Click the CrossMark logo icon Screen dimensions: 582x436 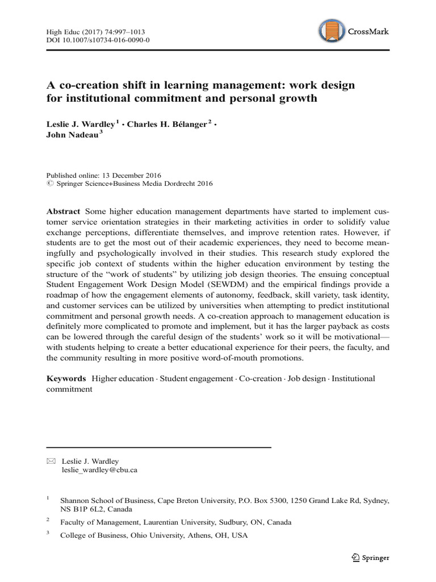331,32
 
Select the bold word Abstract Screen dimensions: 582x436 63,211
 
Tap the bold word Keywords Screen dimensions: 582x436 66,378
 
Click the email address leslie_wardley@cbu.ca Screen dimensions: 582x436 99,470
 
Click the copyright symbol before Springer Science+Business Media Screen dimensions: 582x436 48,184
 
